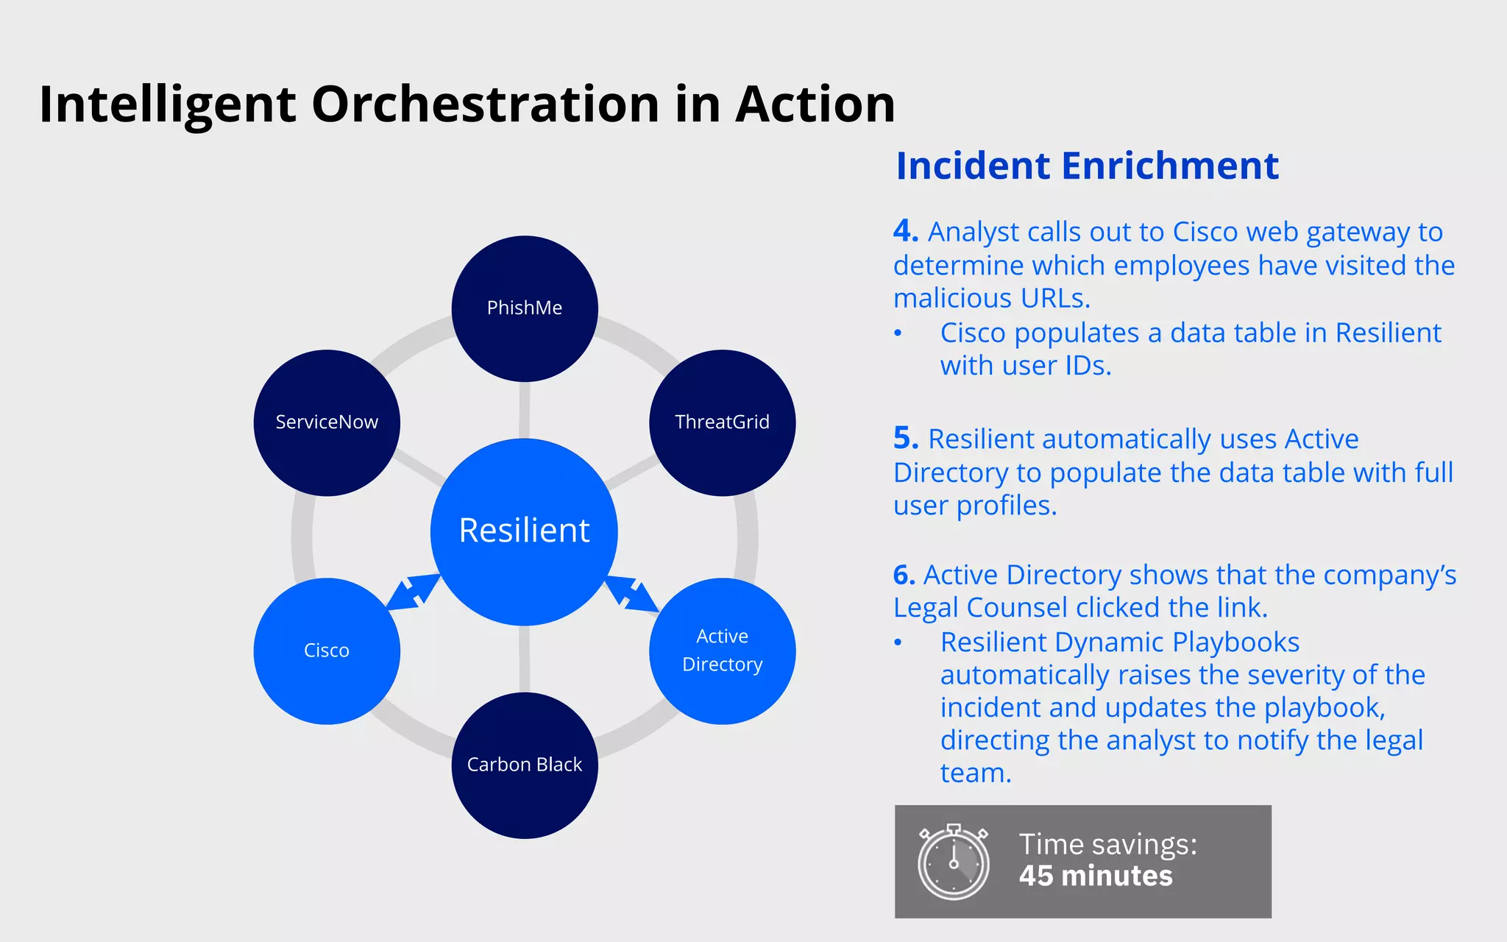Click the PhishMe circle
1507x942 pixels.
coord(524,308)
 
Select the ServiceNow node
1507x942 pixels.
coord(327,422)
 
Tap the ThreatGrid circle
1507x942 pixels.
coord(722,422)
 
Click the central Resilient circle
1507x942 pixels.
coord(524,531)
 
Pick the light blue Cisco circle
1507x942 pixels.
coord(327,651)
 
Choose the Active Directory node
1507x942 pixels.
coord(722,651)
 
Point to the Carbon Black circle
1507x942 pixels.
coord(524,765)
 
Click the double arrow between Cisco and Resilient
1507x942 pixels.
coord(413,592)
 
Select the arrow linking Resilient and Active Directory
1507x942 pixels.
coord(631,593)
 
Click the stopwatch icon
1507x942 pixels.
coord(953,862)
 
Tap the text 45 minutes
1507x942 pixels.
coord(1095,877)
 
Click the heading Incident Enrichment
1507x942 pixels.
coord(1087,166)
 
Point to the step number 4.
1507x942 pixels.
coord(905,231)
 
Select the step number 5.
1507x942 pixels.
coord(905,439)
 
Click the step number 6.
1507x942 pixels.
coord(904,575)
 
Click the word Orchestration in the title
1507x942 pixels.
coord(486,104)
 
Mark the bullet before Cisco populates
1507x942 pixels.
coord(898,333)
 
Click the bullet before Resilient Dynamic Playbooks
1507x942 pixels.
coord(898,642)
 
